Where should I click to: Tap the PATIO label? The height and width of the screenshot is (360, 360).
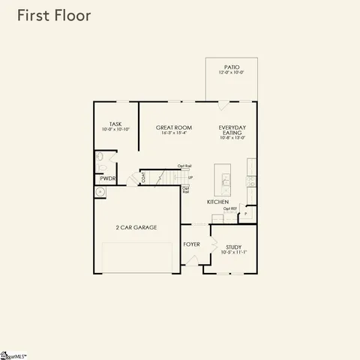(232, 67)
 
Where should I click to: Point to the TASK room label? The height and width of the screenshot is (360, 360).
(115, 124)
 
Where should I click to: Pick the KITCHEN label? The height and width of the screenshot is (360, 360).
(217, 202)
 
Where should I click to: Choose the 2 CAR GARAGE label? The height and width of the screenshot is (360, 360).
(136, 226)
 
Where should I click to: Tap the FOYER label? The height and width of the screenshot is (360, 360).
(191, 244)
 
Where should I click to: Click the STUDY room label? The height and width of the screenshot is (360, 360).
(234, 246)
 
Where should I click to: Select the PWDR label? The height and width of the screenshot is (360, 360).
(106, 178)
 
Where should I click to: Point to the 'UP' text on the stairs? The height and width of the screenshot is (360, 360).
(190, 178)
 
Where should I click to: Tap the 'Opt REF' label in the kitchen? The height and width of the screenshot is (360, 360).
(230, 208)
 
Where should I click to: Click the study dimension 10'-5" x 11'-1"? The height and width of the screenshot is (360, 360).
(234, 252)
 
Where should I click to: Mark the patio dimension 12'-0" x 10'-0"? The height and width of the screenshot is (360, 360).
(232, 73)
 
